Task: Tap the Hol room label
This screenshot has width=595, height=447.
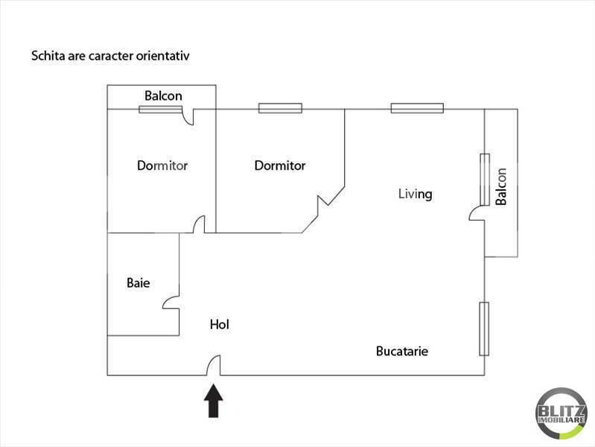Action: coord(219,325)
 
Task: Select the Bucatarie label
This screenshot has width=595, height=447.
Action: coord(402,351)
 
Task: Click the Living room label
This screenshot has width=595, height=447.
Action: coord(415,194)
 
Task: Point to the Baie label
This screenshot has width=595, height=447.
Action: coord(139,283)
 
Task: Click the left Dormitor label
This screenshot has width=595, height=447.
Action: coord(162,165)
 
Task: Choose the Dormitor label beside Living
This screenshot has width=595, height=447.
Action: coord(280,165)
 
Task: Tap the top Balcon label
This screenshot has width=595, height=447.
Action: coord(163,96)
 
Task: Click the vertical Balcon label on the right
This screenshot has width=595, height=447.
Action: coord(501,186)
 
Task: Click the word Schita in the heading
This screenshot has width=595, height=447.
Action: coord(47,56)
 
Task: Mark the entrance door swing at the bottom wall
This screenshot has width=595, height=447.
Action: coord(214,365)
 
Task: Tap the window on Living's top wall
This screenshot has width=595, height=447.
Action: coord(417,109)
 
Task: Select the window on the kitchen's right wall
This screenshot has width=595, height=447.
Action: coord(484,329)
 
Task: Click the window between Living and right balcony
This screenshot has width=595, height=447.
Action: coord(485,179)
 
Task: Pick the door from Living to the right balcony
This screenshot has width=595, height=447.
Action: coord(477,214)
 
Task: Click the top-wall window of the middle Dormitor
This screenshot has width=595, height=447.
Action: coord(280,109)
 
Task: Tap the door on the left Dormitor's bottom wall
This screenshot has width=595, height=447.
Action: coord(199,224)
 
